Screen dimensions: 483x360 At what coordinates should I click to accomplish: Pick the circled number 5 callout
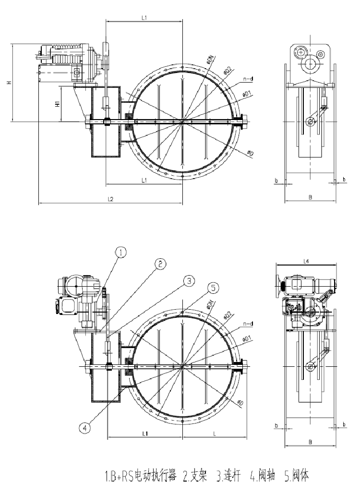coord(215,287)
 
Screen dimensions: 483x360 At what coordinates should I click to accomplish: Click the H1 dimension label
coord(58,103)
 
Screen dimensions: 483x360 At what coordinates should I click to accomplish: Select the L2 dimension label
coord(110,199)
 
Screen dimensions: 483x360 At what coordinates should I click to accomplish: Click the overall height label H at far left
coord(8,83)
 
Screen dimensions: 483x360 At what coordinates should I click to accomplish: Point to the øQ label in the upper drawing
coord(251,153)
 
